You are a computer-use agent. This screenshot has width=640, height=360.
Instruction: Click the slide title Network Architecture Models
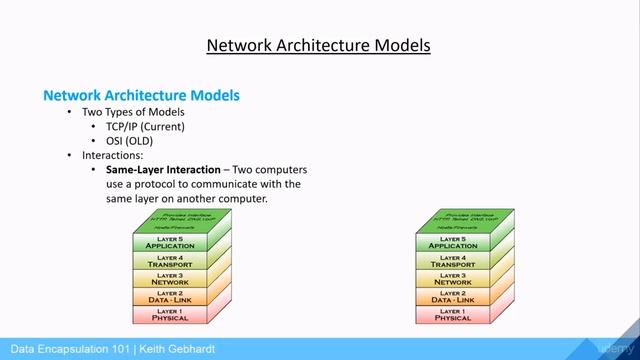(x=318, y=45)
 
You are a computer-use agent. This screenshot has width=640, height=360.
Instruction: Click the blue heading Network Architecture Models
(x=141, y=95)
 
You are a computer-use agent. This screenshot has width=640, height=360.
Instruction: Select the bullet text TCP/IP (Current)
(x=146, y=127)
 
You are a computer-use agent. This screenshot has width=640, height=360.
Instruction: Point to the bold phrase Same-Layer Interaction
(x=163, y=170)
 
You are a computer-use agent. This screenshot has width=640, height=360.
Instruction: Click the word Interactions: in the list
(x=114, y=156)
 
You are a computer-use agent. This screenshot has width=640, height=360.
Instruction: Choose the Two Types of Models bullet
(x=133, y=112)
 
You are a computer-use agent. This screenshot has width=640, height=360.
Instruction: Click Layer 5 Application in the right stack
(x=452, y=243)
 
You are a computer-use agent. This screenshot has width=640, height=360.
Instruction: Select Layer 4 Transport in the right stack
(x=452, y=261)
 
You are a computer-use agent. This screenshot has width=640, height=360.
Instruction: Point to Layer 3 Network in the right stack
(x=452, y=279)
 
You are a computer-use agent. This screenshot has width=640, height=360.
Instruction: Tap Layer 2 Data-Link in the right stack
(x=452, y=297)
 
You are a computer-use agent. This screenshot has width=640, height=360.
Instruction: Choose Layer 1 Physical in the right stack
(x=452, y=315)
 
